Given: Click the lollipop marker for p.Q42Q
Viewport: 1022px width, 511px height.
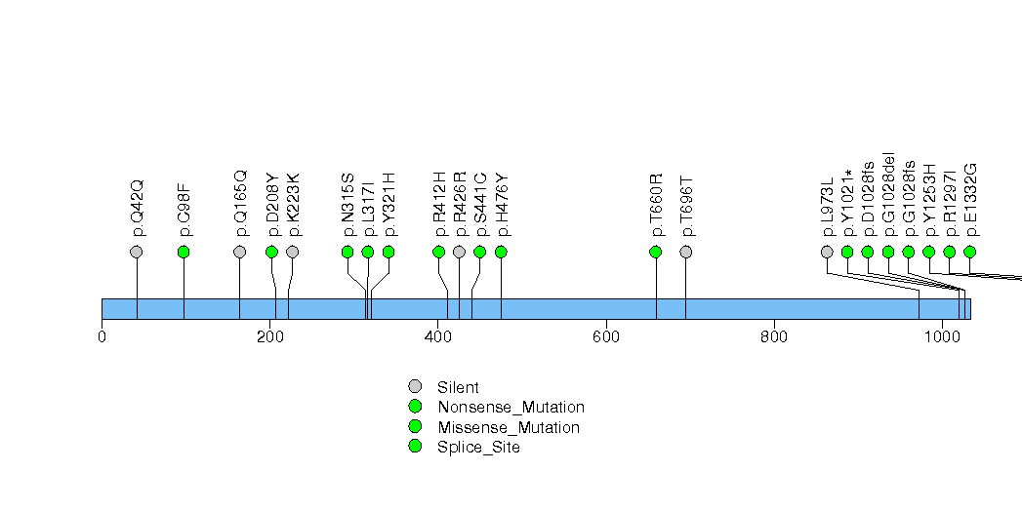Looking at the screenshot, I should click(137, 252).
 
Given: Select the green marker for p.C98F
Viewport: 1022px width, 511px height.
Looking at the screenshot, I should click(184, 252).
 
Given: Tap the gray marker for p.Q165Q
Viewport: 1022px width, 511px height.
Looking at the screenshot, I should click(240, 252).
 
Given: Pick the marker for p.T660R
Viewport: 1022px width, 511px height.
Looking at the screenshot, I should click(656, 252).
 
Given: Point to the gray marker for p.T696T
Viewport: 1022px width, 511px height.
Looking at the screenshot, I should click(686, 252).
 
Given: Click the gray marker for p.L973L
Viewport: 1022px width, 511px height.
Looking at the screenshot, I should click(828, 252).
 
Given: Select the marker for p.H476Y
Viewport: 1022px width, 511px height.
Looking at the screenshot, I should click(501, 252).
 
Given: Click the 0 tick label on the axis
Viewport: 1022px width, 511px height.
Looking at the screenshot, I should click(102, 338).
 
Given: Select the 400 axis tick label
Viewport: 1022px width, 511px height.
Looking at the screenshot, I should click(437, 338).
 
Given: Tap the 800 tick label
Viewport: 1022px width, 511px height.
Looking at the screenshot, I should click(774, 338).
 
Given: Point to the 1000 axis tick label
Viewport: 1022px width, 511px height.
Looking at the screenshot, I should click(942, 338).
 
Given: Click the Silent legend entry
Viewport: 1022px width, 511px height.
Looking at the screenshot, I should click(458, 387).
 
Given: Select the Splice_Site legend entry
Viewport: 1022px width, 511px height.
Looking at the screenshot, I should click(478, 447).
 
